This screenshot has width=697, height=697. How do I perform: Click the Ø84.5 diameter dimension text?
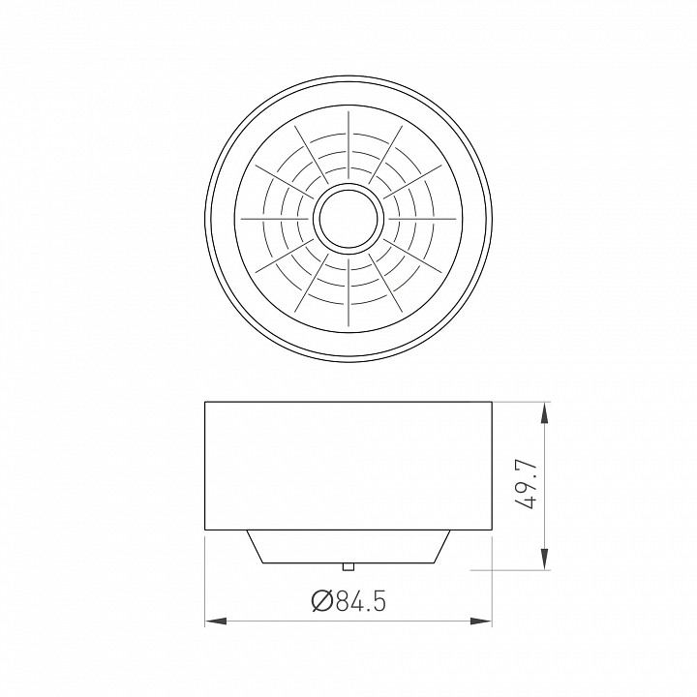pyautogui.click(x=348, y=601)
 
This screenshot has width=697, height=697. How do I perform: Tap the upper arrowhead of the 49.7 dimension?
pyautogui.click(x=544, y=413)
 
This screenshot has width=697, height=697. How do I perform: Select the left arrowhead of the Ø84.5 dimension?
pyautogui.click(x=216, y=621)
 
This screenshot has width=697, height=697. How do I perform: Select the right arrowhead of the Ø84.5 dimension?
pyautogui.click(x=481, y=621)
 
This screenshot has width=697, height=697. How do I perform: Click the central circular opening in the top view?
pyautogui.click(x=348, y=219)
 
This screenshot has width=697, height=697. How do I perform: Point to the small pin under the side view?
pyautogui.click(x=348, y=566)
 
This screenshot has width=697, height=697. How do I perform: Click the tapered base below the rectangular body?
pyautogui.click(x=348, y=547)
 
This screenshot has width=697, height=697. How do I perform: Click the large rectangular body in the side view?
pyautogui.click(x=348, y=466)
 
